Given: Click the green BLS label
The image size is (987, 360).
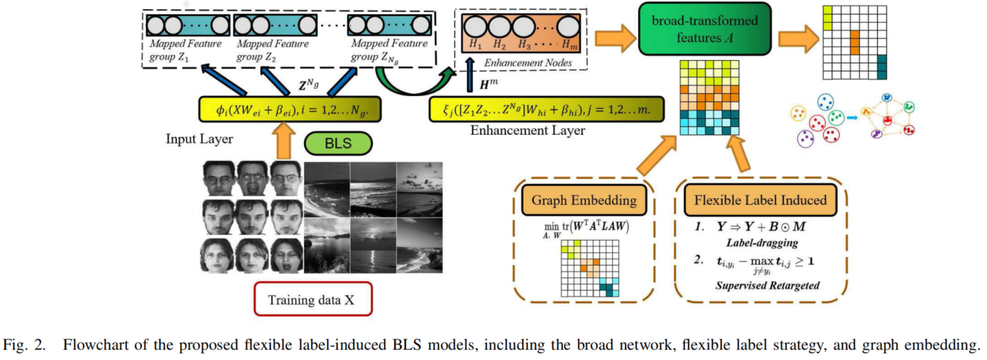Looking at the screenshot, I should pos(338,144).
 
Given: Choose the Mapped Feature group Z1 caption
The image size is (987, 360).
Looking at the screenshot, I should pos(177,50).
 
